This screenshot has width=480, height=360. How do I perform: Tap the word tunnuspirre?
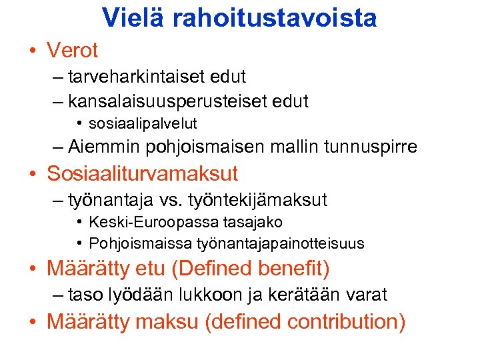coord(371,147)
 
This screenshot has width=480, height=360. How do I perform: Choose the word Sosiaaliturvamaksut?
coord(142,174)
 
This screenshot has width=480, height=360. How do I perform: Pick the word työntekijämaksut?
coord(259,200)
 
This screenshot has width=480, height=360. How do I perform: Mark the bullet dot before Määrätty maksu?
coord(31,323)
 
